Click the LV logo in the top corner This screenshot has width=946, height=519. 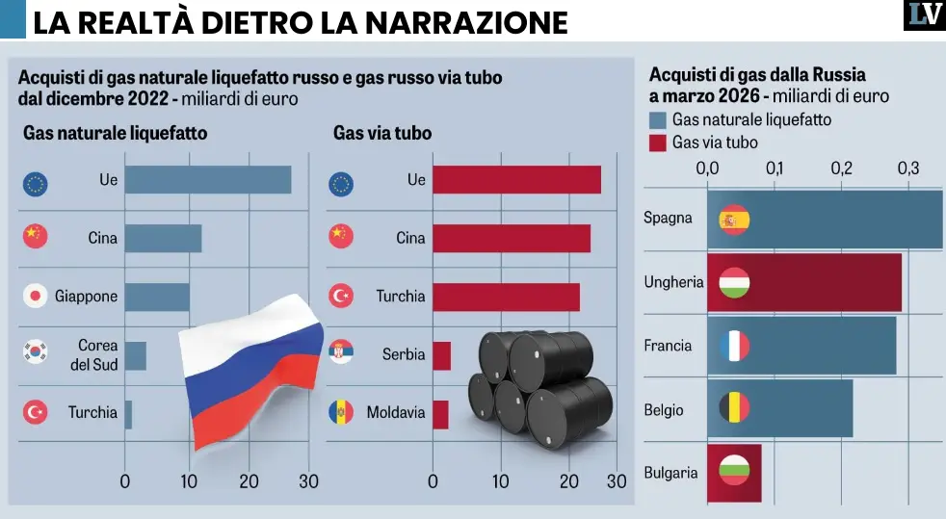click(x=923, y=15)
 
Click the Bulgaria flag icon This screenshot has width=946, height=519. click(x=734, y=473)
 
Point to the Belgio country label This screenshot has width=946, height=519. click(x=664, y=410)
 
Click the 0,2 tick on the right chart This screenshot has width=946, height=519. click(x=842, y=169)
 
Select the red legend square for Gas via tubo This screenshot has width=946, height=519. click(x=659, y=143)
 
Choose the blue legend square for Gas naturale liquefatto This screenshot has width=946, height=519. click(x=659, y=120)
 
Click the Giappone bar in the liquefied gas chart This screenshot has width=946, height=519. click(x=157, y=297)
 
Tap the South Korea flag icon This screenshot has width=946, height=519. click(x=36, y=352)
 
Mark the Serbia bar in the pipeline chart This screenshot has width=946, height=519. click(x=441, y=355)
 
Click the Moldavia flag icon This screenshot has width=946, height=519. click(x=341, y=412)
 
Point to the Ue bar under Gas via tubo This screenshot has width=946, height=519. click(x=516, y=180)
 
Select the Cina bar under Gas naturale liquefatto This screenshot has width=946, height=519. click(x=163, y=238)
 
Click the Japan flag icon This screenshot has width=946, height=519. click(x=36, y=296)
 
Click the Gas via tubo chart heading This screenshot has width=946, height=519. click(x=382, y=134)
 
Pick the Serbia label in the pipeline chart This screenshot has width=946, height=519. click(x=404, y=354)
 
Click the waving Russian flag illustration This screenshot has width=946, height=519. click(x=251, y=371)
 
